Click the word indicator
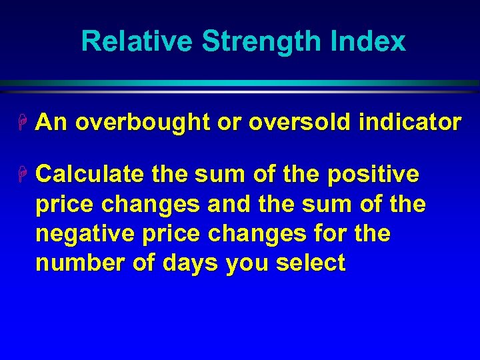point(410,123)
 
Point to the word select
point(311,263)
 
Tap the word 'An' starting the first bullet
point(51,123)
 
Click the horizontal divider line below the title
point(240,83)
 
